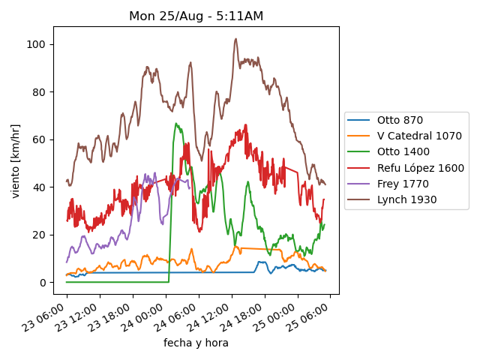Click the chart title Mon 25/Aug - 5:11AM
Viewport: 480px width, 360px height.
click(x=196, y=16)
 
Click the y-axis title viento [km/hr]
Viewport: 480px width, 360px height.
click(x=16, y=160)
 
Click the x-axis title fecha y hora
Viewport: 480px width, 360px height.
click(x=196, y=343)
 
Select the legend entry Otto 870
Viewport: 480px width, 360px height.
click(x=400, y=120)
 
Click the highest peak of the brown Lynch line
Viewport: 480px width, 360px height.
click(x=235, y=39)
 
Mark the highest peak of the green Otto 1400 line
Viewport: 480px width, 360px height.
click(x=176, y=124)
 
